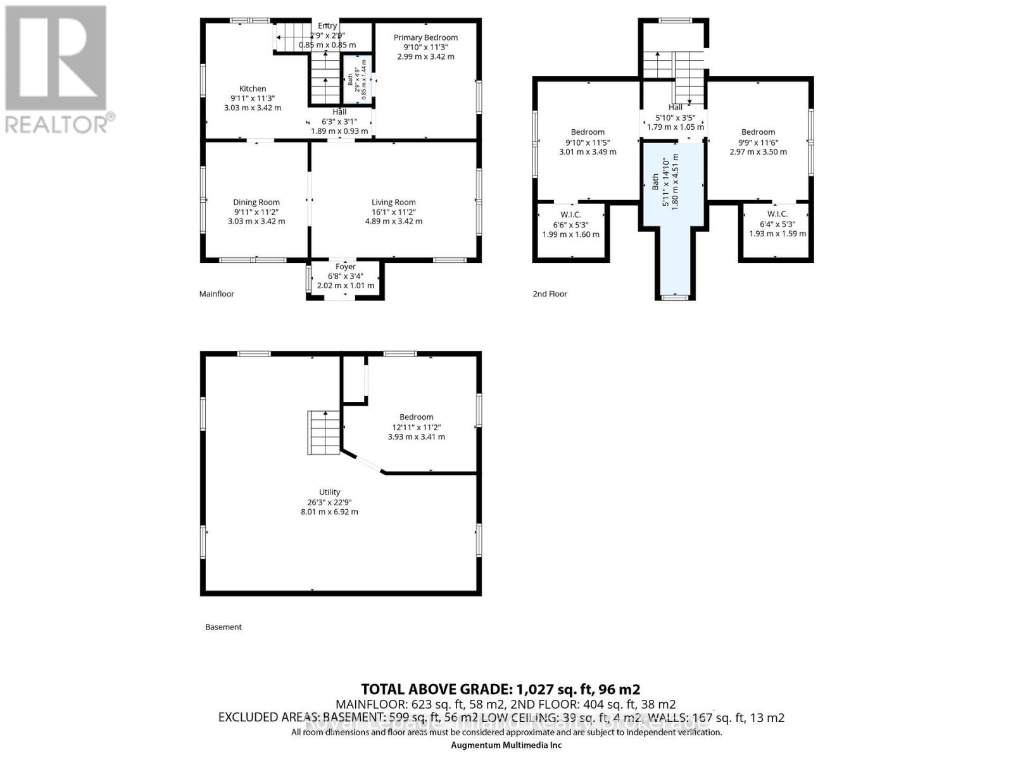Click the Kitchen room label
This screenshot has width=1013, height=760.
pos(253,89)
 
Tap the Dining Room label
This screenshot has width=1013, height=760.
pos(256,203)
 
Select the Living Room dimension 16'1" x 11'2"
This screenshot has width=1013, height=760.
pos(393,212)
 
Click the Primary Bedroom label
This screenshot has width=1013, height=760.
pos(425,37)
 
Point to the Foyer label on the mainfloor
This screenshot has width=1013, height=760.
pos(346,267)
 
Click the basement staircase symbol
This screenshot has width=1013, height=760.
pos(325,432)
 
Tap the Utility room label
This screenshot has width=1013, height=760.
pos(329,492)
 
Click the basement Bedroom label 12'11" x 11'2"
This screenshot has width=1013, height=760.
pos(416,417)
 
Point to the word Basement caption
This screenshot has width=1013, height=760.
pos(223,627)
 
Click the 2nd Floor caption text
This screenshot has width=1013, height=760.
pos(550,294)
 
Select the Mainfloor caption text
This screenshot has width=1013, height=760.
pos(217,294)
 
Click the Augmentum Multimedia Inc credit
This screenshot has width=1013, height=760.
pos(506,745)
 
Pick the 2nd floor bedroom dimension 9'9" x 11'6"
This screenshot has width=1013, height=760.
pos(758,142)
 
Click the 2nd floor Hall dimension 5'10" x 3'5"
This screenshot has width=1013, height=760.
pos(675,118)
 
